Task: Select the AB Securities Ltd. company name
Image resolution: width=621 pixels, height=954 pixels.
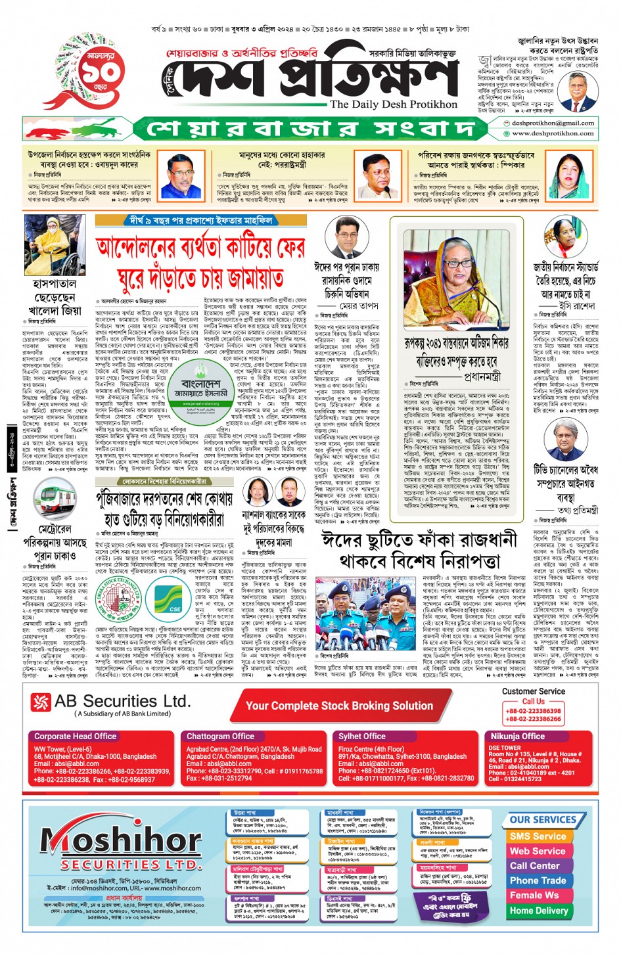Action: tap(122, 702)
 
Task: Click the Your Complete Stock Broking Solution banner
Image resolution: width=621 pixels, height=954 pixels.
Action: tap(339, 706)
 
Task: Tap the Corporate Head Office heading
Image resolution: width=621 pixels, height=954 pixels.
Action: tap(76, 737)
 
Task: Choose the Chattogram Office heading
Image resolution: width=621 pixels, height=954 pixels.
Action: tap(220, 737)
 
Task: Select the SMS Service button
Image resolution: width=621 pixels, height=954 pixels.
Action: tap(538, 836)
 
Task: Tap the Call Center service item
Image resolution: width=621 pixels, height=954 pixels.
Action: tap(534, 865)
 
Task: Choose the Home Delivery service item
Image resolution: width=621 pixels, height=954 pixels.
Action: tap(538, 910)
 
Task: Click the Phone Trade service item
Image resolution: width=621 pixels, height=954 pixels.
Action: tap(538, 880)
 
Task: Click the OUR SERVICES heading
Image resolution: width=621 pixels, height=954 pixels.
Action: tap(542, 819)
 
